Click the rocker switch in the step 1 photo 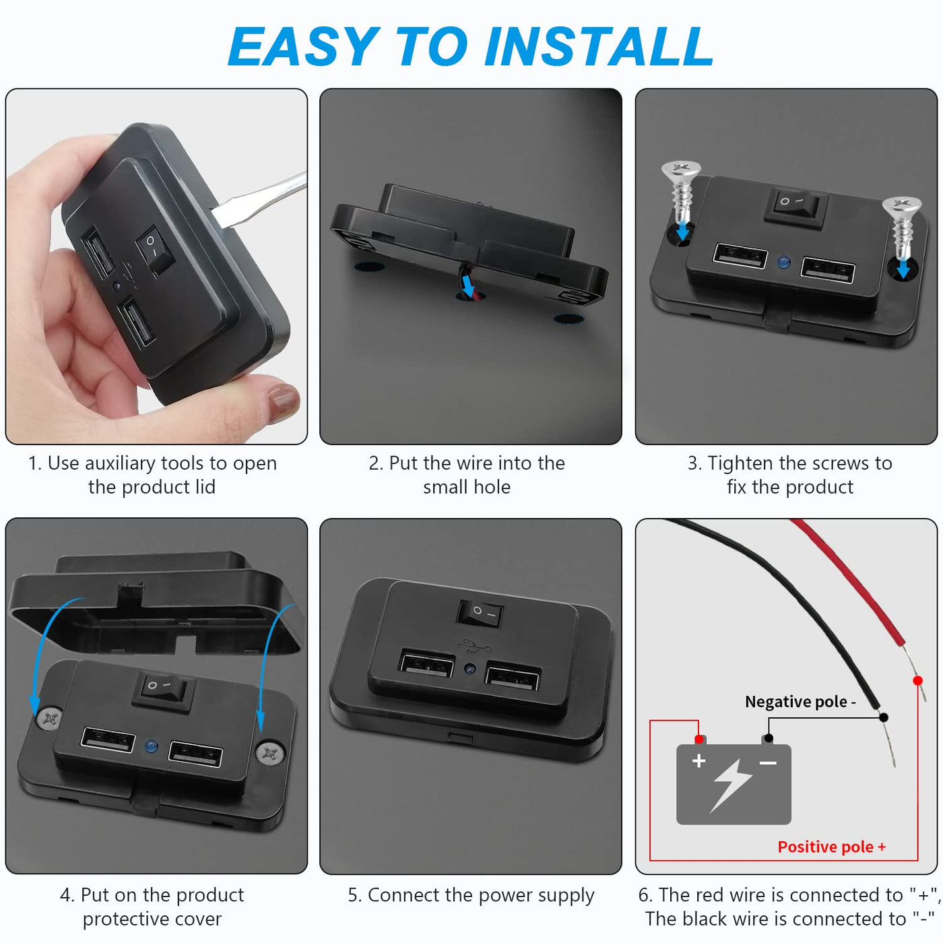(x=155, y=251)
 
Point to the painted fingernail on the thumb (x=283, y=401)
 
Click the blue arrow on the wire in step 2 (x=468, y=286)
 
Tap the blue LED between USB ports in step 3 (x=784, y=261)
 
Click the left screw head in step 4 (x=50, y=719)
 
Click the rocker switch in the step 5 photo (x=480, y=613)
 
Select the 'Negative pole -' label (x=800, y=702)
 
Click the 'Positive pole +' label (x=831, y=847)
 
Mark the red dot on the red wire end (x=917, y=680)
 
